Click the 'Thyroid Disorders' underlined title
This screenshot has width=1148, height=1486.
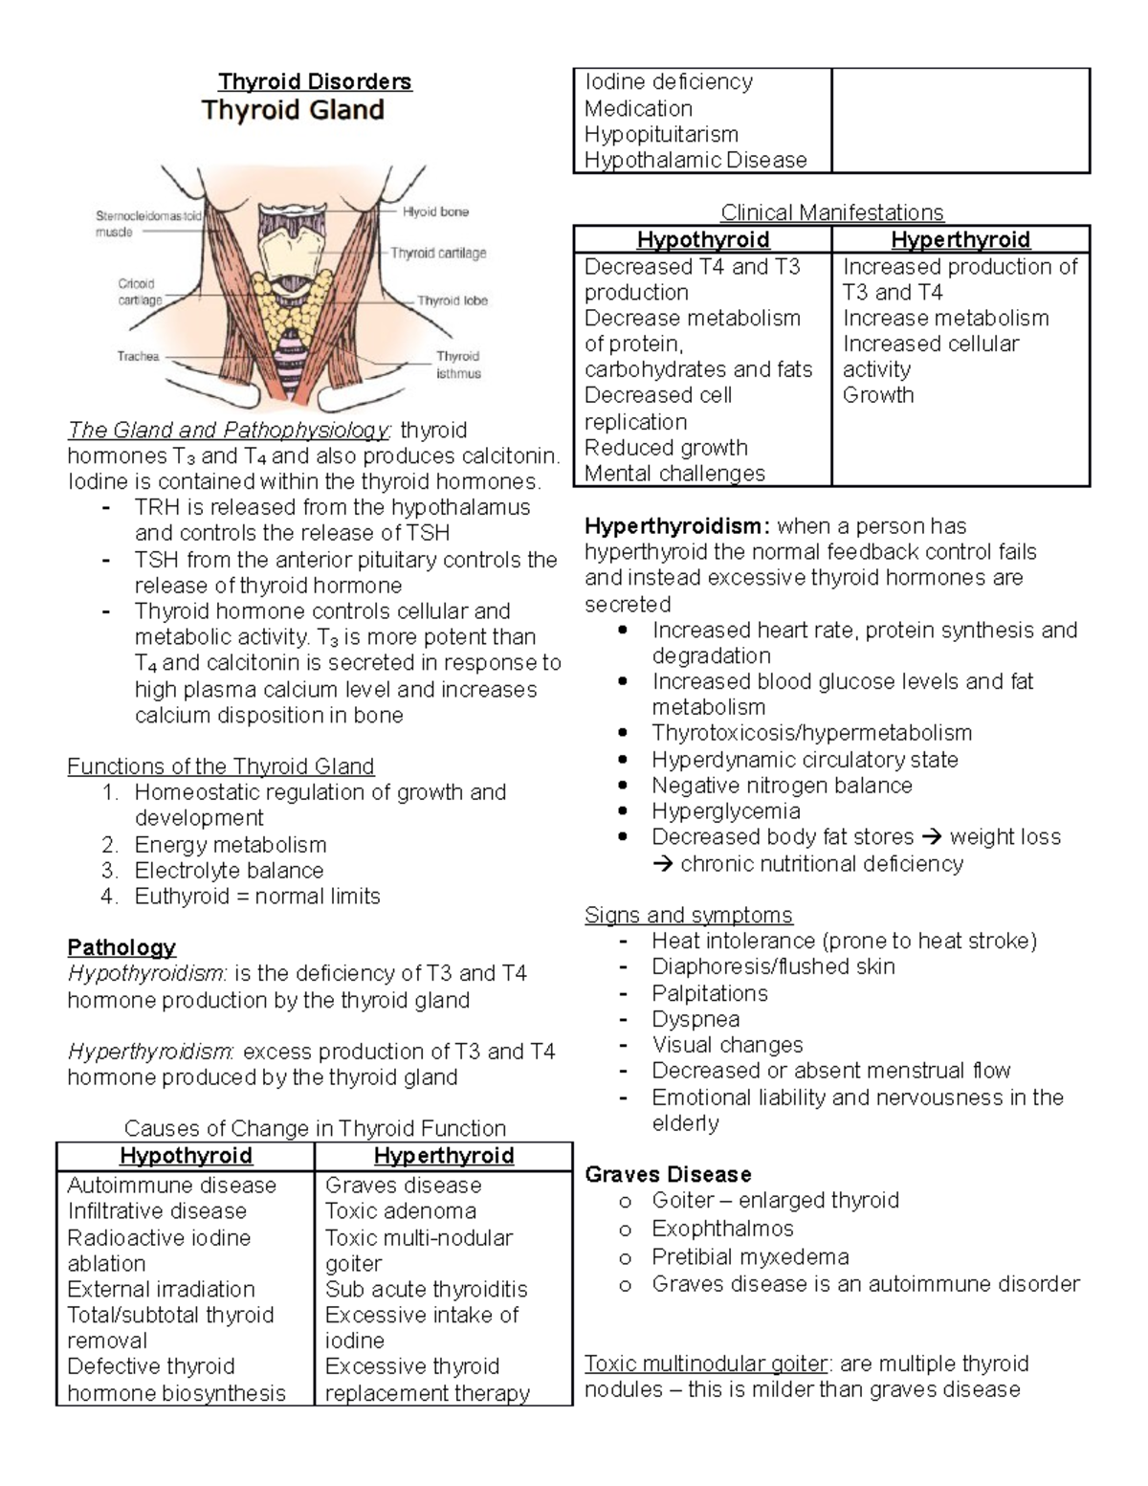pyautogui.click(x=315, y=81)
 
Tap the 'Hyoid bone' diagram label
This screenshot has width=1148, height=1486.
pyautogui.click(x=435, y=211)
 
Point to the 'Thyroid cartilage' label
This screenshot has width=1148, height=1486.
pyautogui.click(x=438, y=253)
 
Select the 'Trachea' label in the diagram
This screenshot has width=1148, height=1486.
pyautogui.click(x=138, y=356)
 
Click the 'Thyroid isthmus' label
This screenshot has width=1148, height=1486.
pyautogui.click(x=458, y=365)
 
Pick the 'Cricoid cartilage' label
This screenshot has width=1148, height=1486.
pyautogui.click(x=139, y=291)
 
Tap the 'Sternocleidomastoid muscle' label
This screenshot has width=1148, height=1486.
pyautogui.click(x=148, y=223)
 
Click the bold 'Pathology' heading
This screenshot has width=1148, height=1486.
pyautogui.click(x=121, y=947)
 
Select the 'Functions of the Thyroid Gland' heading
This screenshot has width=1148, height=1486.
pyautogui.click(x=220, y=766)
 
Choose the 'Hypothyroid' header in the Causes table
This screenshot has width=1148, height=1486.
pyautogui.click(x=186, y=1156)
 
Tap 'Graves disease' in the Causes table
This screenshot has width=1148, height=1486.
pyautogui.click(x=403, y=1185)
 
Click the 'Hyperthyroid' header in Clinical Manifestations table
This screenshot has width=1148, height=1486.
pyautogui.click(x=960, y=239)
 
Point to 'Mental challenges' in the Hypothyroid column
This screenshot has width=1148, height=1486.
pyautogui.click(x=674, y=473)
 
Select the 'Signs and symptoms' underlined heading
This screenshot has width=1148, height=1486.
pyautogui.click(x=688, y=915)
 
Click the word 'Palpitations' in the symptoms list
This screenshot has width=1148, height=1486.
pyautogui.click(x=709, y=993)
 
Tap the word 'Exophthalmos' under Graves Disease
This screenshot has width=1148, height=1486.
pyautogui.click(x=722, y=1228)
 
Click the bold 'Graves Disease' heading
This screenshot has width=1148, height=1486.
pyautogui.click(x=668, y=1174)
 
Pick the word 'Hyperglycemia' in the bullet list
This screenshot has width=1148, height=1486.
pyautogui.click(x=725, y=810)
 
